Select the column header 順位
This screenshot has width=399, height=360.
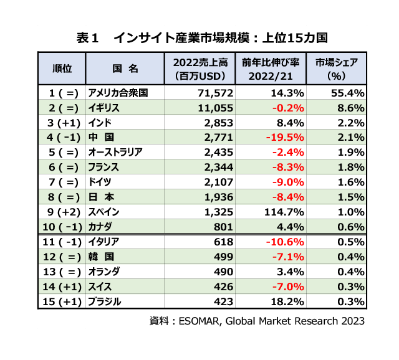click(x=61, y=69)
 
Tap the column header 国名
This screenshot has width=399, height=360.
click(x=125, y=69)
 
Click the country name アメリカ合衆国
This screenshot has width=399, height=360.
click(x=118, y=92)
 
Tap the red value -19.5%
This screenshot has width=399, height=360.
click(x=286, y=136)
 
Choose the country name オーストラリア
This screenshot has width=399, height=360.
click(x=116, y=151)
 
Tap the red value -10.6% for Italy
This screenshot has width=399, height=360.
click(x=286, y=242)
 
